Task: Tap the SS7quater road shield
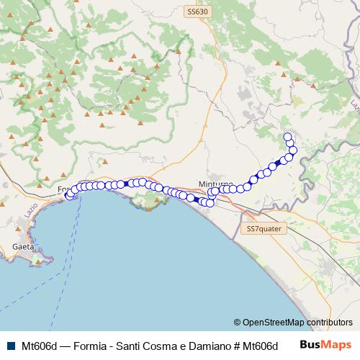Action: coord(263,228)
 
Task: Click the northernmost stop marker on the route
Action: coord(288,137)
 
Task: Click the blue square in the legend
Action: coord(9,345)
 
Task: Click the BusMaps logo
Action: coord(325,344)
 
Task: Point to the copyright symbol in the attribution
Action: coord(238,323)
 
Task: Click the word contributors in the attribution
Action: coord(330,323)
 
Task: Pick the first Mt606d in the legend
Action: coord(40,345)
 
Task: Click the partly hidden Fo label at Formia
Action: coord(60,189)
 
